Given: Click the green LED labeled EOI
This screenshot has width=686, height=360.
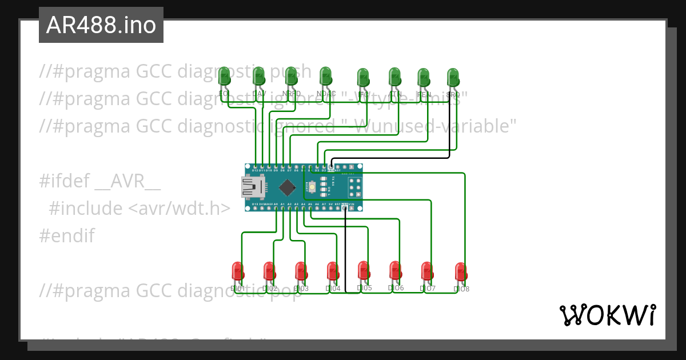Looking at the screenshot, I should tap(224, 75).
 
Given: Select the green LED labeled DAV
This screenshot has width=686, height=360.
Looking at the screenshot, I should tap(259, 75).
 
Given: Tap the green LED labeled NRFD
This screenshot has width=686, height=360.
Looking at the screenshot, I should tap(291, 75).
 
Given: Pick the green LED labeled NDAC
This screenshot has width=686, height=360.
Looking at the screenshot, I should tap(325, 75).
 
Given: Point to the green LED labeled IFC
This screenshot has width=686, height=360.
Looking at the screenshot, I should tap(363, 77).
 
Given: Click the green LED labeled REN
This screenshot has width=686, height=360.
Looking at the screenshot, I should tap(424, 77).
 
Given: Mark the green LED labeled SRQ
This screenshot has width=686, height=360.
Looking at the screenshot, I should tap(453, 77).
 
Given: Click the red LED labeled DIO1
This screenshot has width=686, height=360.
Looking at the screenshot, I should tap(237, 271).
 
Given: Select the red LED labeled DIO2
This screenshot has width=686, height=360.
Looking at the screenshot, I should tap(269, 271).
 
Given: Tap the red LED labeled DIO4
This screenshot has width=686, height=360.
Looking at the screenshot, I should tap(333, 271).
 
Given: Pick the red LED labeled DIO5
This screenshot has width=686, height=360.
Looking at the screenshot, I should tap(364, 270).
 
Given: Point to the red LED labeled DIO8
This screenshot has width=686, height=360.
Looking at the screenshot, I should tap(461, 271).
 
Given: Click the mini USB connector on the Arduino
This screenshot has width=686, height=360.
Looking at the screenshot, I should tap(252, 187).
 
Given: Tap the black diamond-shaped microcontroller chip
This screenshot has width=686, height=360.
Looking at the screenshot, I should tap(287, 187).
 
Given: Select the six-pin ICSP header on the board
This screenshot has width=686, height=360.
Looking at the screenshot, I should tap(354, 187).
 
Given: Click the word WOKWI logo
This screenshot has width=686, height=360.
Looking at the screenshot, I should tap(607, 315).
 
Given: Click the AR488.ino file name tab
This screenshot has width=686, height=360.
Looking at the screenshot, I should tap(101, 25).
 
